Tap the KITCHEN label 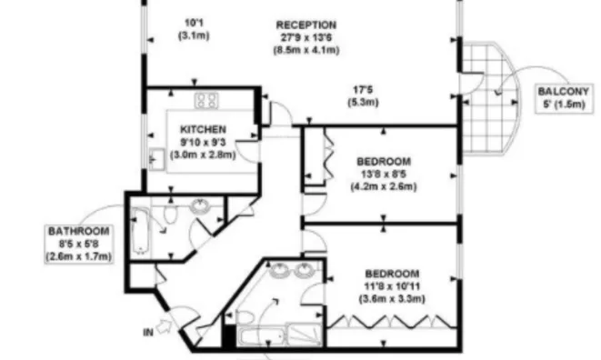203,129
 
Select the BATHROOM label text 78,232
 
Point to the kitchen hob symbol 205,100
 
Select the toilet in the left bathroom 171,215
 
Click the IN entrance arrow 165,323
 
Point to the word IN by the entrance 147,334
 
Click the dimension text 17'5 364,90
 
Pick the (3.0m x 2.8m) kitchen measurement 203,155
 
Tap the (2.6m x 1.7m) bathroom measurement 78,257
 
